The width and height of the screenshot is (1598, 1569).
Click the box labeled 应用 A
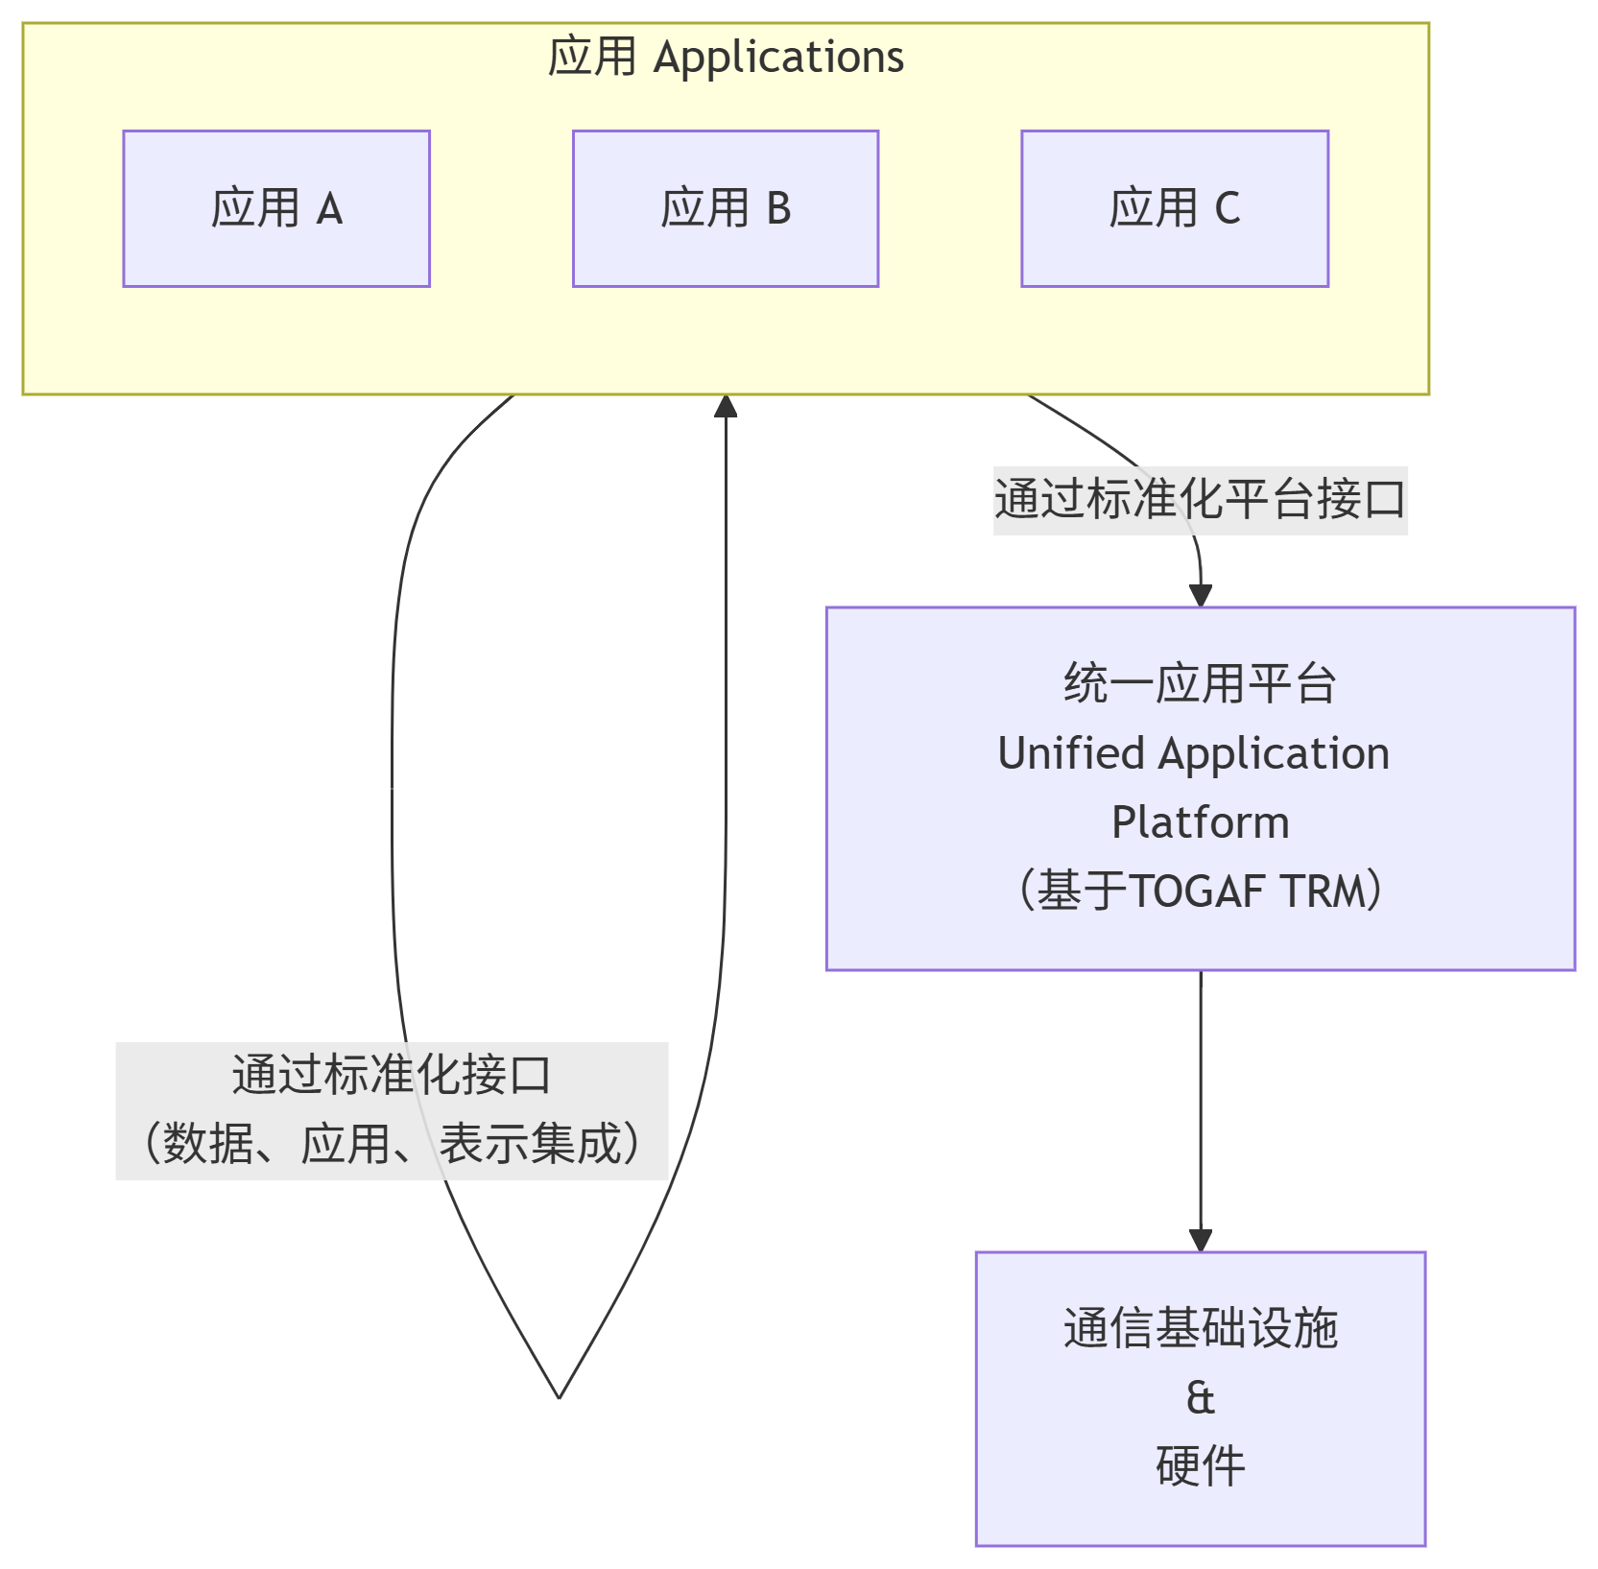point(276,208)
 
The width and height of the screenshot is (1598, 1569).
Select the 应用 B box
point(726,208)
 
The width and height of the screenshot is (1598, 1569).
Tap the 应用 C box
point(1175,208)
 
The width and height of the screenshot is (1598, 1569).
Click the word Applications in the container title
point(778,57)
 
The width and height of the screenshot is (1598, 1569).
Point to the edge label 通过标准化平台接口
point(1200,500)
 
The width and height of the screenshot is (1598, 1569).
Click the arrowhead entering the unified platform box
point(1201,595)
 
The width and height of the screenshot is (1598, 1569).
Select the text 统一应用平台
point(1200,684)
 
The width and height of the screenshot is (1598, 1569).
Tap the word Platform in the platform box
point(1200,822)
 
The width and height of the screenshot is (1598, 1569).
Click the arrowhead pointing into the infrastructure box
point(1201,1240)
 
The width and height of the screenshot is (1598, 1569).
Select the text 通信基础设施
point(1200,1329)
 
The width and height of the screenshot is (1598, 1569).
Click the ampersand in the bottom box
point(1200,1398)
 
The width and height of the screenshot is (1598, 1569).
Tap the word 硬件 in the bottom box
point(1200,1466)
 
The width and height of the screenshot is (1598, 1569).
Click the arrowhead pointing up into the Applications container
point(726,407)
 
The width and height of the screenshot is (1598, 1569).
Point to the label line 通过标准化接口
point(392,1076)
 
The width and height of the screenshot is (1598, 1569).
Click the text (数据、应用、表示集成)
point(392,1144)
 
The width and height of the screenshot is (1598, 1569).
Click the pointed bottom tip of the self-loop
point(559,1396)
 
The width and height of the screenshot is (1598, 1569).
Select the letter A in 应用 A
point(329,208)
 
